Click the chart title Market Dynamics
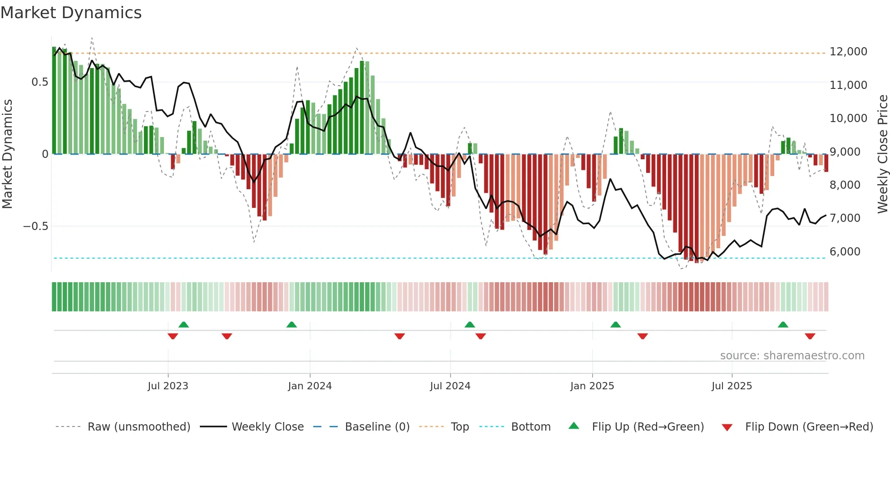[71, 13]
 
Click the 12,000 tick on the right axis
[848, 52]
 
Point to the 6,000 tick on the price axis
[845, 252]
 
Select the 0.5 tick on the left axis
[40, 82]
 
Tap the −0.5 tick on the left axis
[35, 226]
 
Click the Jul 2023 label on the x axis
[168, 386]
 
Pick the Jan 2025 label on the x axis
[592, 386]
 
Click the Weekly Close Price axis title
[882, 153]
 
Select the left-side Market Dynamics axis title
[7, 153]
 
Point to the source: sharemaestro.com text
[792, 356]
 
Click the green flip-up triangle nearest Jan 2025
[615, 325]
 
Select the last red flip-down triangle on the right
[810, 336]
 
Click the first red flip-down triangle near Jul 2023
[173, 336]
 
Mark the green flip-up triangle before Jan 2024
[292, 325]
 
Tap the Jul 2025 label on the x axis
[732, 386]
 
